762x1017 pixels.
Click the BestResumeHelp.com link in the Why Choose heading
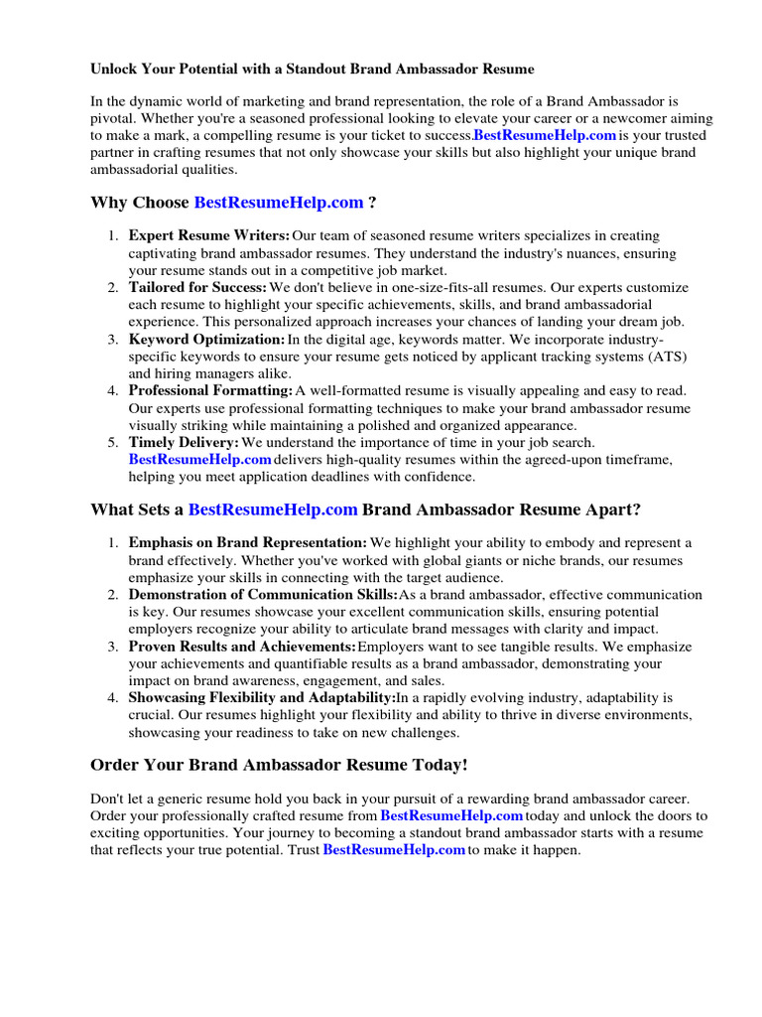click(279, 203)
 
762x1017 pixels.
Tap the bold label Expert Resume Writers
click(209, 235)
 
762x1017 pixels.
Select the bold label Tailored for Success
click(197, 287)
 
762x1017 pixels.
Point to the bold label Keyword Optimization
click(206, 339)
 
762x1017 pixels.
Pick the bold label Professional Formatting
click(210, 390)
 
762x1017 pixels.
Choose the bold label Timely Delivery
click(184, 442)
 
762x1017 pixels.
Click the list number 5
click(113, 442)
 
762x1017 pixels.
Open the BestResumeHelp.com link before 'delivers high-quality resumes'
click(199, 459)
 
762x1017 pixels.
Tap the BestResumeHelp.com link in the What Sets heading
click(273, 509)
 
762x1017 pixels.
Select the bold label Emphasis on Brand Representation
click(247, 542)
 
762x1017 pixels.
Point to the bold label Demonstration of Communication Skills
click(263, 594)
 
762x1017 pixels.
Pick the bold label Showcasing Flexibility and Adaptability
click(262, 697)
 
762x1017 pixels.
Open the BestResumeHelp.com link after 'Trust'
click(394, 850)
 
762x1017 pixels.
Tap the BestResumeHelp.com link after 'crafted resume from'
click(451, 815)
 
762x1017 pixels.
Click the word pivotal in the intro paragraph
click(114, 117)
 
